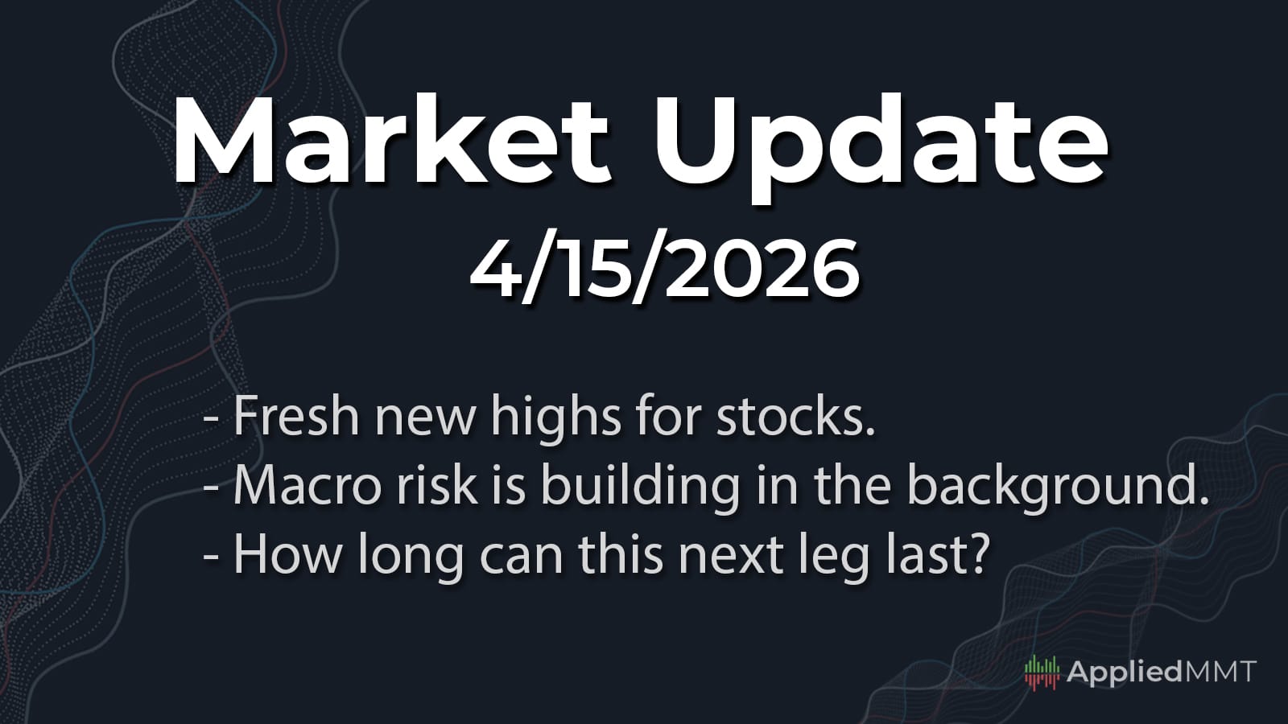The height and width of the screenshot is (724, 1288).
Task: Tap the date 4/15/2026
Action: tap(664, 269)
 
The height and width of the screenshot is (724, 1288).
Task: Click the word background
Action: tap(1058, 487)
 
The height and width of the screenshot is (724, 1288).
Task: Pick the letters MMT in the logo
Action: tap(1219, 672)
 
